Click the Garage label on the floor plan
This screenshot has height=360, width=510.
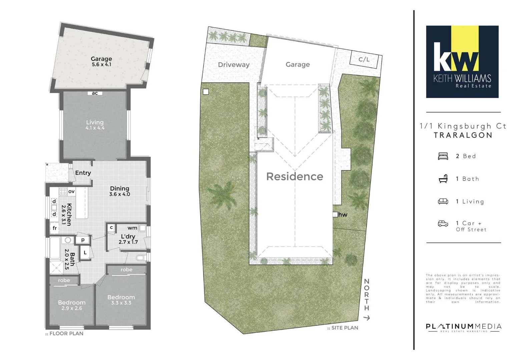click(101, 59)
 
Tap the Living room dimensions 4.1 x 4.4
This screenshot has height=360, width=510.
click(95, 128)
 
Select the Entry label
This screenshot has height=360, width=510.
click(83, 173)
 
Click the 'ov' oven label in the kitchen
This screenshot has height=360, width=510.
click(71, 191)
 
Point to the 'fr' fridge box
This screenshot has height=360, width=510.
click(55, 228)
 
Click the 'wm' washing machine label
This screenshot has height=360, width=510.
click(132, 228)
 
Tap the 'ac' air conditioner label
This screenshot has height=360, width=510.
click(95, 93)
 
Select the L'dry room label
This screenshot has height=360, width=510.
click(128, 236)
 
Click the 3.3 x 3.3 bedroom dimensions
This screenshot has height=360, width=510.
click(121, 303)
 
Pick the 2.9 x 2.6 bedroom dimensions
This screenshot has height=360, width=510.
click(72, 308)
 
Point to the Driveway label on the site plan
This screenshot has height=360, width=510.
click(233, 65)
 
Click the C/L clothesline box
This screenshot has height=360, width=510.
click(364, 59)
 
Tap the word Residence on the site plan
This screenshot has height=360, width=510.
click(295, 176)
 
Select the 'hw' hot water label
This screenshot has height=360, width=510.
click(343, 215)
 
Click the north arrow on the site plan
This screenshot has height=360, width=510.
click(367, 318)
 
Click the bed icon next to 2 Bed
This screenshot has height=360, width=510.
click(443, 156)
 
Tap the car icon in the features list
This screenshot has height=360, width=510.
click(443, 224)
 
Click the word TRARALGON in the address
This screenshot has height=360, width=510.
click(463, 135)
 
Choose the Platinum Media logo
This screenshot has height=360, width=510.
click(463, 327)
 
